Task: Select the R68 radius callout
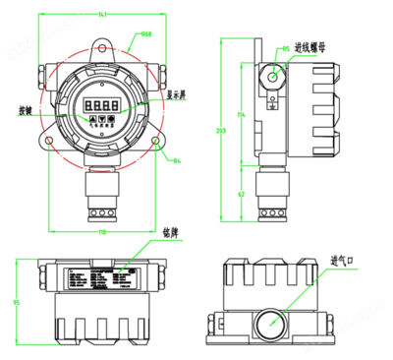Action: [145, 34]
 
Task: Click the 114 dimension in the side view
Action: [242, 115]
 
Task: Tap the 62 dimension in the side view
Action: [242, 195]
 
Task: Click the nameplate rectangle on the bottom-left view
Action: [102, 278]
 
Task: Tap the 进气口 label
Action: [342, 261]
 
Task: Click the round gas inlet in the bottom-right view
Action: [269, 321]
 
